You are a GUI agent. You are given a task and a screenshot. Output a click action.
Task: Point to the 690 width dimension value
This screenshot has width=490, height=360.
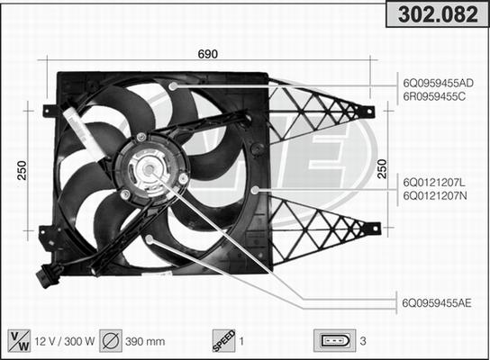coord(208,53)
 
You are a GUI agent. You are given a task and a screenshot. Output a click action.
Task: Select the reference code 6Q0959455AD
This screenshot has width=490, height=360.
coord(438,83)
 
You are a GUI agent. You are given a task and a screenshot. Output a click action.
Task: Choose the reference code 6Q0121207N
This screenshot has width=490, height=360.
coord(434,194)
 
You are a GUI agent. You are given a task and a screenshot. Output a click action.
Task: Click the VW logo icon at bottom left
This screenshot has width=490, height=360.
coord(17,340)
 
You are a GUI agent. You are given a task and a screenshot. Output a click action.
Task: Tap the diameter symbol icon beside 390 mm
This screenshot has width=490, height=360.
coord(112,340)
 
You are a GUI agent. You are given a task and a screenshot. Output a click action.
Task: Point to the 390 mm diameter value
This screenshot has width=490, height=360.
coord(144,341)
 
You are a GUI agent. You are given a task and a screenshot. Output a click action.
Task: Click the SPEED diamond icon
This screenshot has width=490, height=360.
coord(222,340)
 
